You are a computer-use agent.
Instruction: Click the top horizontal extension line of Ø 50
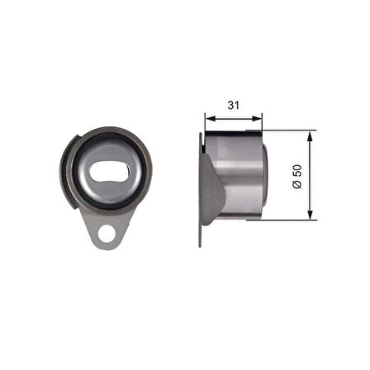[289, 130]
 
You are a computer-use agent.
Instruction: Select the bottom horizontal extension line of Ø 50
[289, 221]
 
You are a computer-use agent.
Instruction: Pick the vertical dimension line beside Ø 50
[311, 198]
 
